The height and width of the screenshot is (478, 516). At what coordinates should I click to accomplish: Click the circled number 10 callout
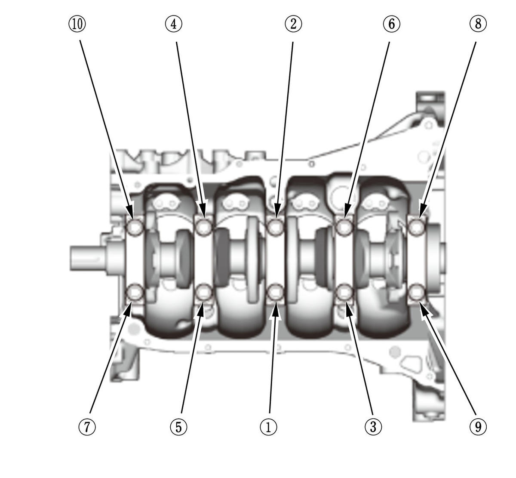pyautogui.click(x=77, y=24)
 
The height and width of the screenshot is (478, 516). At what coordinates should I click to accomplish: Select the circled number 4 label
pyautogui.click(x=173, y=24)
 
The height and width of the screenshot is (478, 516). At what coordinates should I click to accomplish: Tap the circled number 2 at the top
pyautogui.click(x=293, y=24)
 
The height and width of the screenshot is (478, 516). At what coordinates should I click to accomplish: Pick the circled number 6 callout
pyautogui.click(x=391, y=24)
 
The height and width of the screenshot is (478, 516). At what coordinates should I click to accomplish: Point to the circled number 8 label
pyautogui.click(x=478, y=24)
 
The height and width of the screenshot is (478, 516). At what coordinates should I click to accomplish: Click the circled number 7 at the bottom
pyautogui.click(x=87, y=427)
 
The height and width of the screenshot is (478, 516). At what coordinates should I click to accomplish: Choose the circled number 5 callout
pyautogui.click(x=178, y=427)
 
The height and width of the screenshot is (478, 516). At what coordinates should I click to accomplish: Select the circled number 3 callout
pyautogui.click(x=373, y=427)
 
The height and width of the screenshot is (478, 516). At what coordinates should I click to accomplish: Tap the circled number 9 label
pyautogui.click(x=478, y=427)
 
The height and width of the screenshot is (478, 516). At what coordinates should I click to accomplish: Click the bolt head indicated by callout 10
pyautogui.click(x=135, y=227)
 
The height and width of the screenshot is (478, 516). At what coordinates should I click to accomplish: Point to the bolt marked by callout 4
pyautogui.click(x=204, y=227)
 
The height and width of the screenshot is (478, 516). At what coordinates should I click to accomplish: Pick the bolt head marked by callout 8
pyautogui.click(x=416, y=227)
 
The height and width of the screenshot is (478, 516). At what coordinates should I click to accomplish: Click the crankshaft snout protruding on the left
pyautogui.click(x=88, y=258)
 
